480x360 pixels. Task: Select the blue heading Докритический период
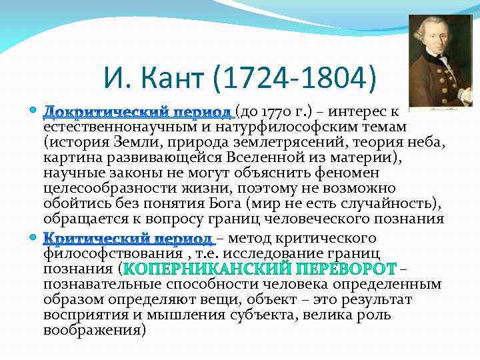point(137,111)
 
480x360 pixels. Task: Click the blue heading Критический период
point(128,239)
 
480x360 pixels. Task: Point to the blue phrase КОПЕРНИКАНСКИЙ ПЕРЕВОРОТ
point(259,269)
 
